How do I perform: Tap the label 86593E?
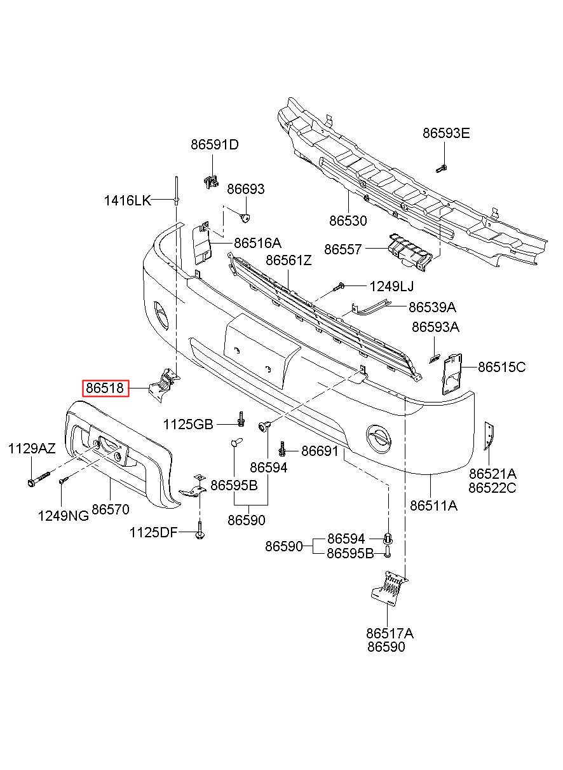pos(446,134)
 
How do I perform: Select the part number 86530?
pos(348,221)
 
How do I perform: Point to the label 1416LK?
pos(127,201)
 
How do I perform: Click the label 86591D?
pos(214,145)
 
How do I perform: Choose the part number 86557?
pos(343,250)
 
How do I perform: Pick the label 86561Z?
pos(288,261)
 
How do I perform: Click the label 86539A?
pos(432,307)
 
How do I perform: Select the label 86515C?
pos(501,367)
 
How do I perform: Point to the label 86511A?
pos(433,506)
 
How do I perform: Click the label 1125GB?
pos(187,424)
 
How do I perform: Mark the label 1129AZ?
pos(32,450)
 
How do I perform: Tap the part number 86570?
pos(111,509)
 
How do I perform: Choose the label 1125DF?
pos(153,532)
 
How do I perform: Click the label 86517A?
pos(390,633)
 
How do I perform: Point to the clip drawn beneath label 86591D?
pos(209,180)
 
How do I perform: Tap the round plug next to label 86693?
pos(246,217)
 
